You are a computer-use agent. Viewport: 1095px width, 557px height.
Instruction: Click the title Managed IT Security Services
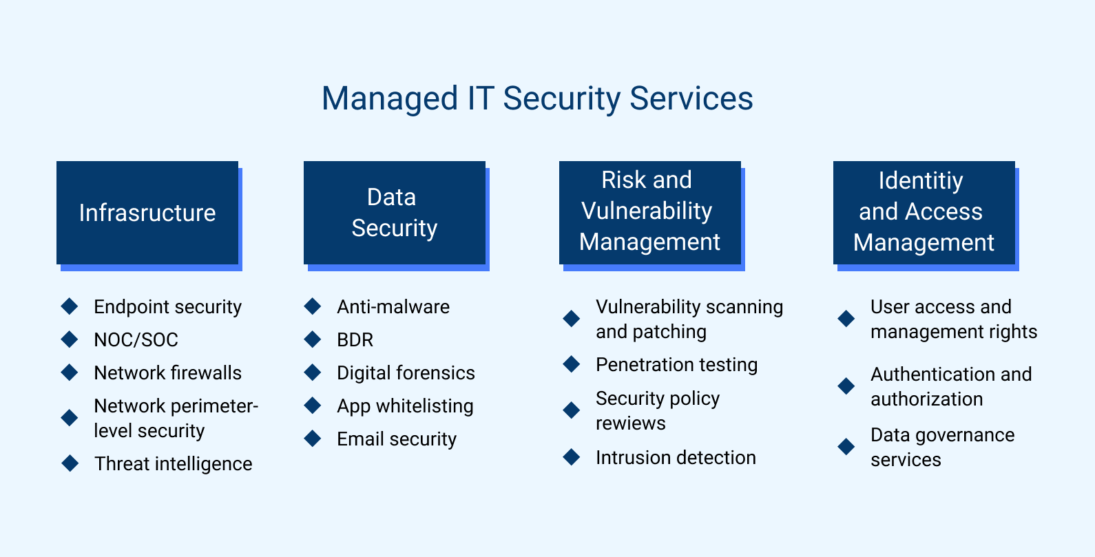click(537, 98)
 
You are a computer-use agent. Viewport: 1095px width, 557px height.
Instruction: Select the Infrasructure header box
click(147, 213)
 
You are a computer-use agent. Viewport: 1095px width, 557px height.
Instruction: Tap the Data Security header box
click(394, 213)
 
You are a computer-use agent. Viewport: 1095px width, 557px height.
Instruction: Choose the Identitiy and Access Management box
click(924, 212)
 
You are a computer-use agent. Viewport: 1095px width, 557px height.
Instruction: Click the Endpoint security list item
click(167, 307)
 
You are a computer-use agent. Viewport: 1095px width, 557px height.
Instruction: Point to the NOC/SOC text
click(136, 340)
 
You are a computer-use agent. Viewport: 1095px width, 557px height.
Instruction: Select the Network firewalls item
click(167, 373)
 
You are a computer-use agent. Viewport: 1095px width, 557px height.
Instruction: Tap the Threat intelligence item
click(173, 464)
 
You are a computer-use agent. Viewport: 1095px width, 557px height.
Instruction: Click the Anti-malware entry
click(393, 307)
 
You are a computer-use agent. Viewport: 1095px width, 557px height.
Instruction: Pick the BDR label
click(355, 340)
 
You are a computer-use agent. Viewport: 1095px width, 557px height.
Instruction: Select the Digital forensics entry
click(406, 373)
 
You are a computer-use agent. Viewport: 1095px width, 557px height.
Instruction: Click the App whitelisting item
click(405, 406)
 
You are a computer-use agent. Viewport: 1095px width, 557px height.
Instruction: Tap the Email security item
click(397, 439)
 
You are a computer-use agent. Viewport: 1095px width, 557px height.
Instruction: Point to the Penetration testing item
click(676, 365)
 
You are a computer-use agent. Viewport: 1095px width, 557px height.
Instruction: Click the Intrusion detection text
click(676, 458)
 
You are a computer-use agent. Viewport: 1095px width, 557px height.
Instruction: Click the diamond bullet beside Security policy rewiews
click(572, 410)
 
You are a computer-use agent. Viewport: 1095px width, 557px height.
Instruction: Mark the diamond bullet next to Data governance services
click(846, 447)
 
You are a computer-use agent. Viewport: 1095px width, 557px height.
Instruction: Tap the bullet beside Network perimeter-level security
click(70, 418)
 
